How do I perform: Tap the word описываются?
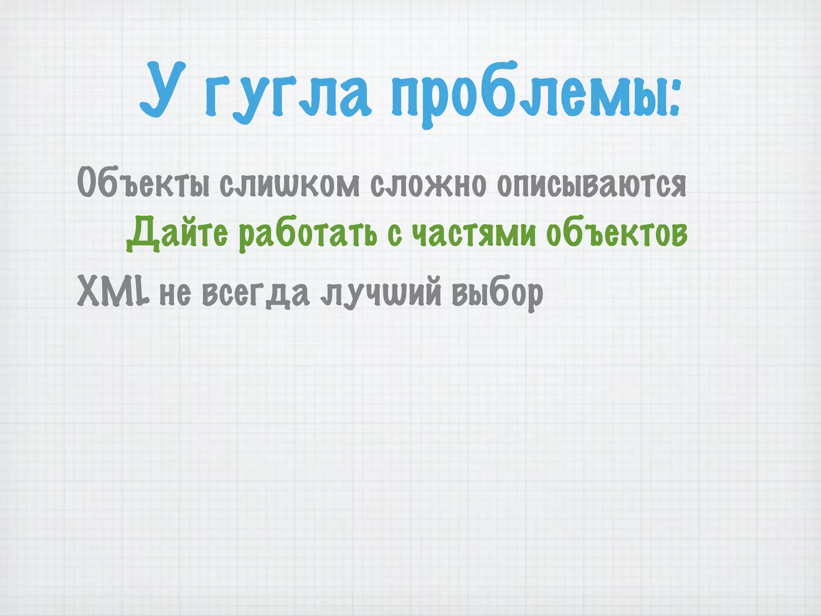point(592,185)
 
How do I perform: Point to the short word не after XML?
point(175,294)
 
